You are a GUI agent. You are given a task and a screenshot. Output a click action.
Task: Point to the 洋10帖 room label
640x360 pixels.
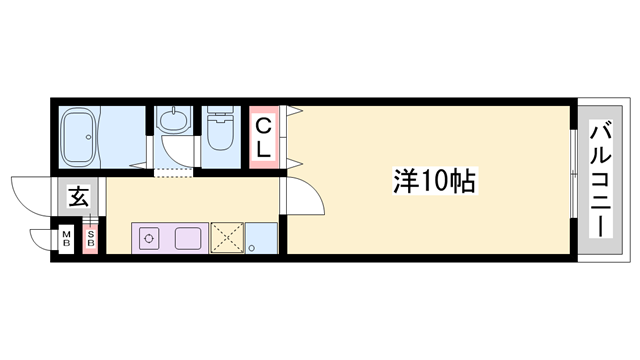point(432,181)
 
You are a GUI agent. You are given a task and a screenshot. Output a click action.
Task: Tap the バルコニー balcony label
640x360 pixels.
point(601,179)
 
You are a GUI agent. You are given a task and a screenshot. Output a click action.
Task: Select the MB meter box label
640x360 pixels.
point(67,239)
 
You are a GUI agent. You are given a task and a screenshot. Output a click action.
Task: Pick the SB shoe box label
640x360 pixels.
point(90,239)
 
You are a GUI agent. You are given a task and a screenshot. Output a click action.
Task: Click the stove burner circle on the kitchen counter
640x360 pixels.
point(149,238)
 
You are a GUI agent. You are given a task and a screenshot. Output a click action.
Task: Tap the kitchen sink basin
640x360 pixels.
point(188,238)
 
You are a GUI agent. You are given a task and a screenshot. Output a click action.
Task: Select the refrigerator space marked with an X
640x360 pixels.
point(226,238)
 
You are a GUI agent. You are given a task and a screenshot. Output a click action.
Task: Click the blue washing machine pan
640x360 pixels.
point(262,238)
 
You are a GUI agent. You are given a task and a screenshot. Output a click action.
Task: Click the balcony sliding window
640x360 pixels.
point(573,181)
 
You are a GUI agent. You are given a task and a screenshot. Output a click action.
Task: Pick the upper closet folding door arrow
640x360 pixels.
point(293,111)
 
